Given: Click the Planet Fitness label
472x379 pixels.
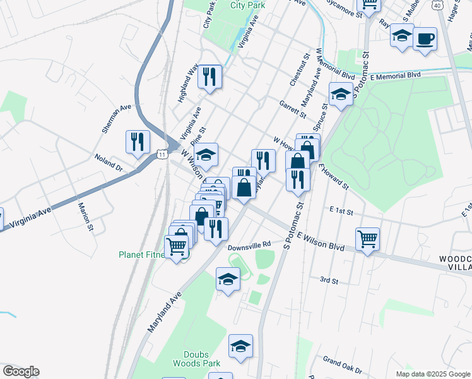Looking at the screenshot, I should point(141,255).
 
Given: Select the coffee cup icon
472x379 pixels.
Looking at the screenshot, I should point(425,39).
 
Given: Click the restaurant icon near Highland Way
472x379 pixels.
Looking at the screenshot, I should point(209,78).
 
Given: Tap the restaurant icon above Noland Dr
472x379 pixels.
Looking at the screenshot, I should point(138,142).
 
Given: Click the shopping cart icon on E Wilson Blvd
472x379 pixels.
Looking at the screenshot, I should point(367,240).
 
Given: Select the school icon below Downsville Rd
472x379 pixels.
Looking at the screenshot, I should point(228,280).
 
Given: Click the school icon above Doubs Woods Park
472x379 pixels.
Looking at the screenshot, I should point(240,347).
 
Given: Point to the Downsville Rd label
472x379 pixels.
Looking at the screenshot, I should point(249,244).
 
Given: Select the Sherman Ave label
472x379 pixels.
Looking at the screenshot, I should point(117,119).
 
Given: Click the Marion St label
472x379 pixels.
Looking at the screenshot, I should point(86,216).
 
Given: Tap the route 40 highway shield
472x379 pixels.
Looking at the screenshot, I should point(437,4).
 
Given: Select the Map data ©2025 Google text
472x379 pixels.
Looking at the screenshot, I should point(432,374).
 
